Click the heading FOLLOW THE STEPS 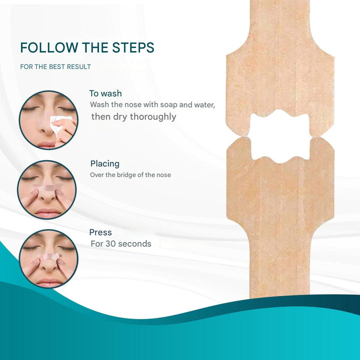pos(87,48)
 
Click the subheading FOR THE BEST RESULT pos(55,66)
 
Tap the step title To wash pos(105,93)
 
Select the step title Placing pos(105,163)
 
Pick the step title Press pos(100,232)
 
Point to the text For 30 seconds pos(120,244)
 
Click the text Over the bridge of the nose pos(130,175)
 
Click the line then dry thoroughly pos(133,117)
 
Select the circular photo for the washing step pos(48,120)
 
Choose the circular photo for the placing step pos(47,189)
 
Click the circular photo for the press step pos(48,258)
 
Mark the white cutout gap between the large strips pos(280,136)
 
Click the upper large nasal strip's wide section pos(280,80)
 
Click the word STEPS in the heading pos(133,48)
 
